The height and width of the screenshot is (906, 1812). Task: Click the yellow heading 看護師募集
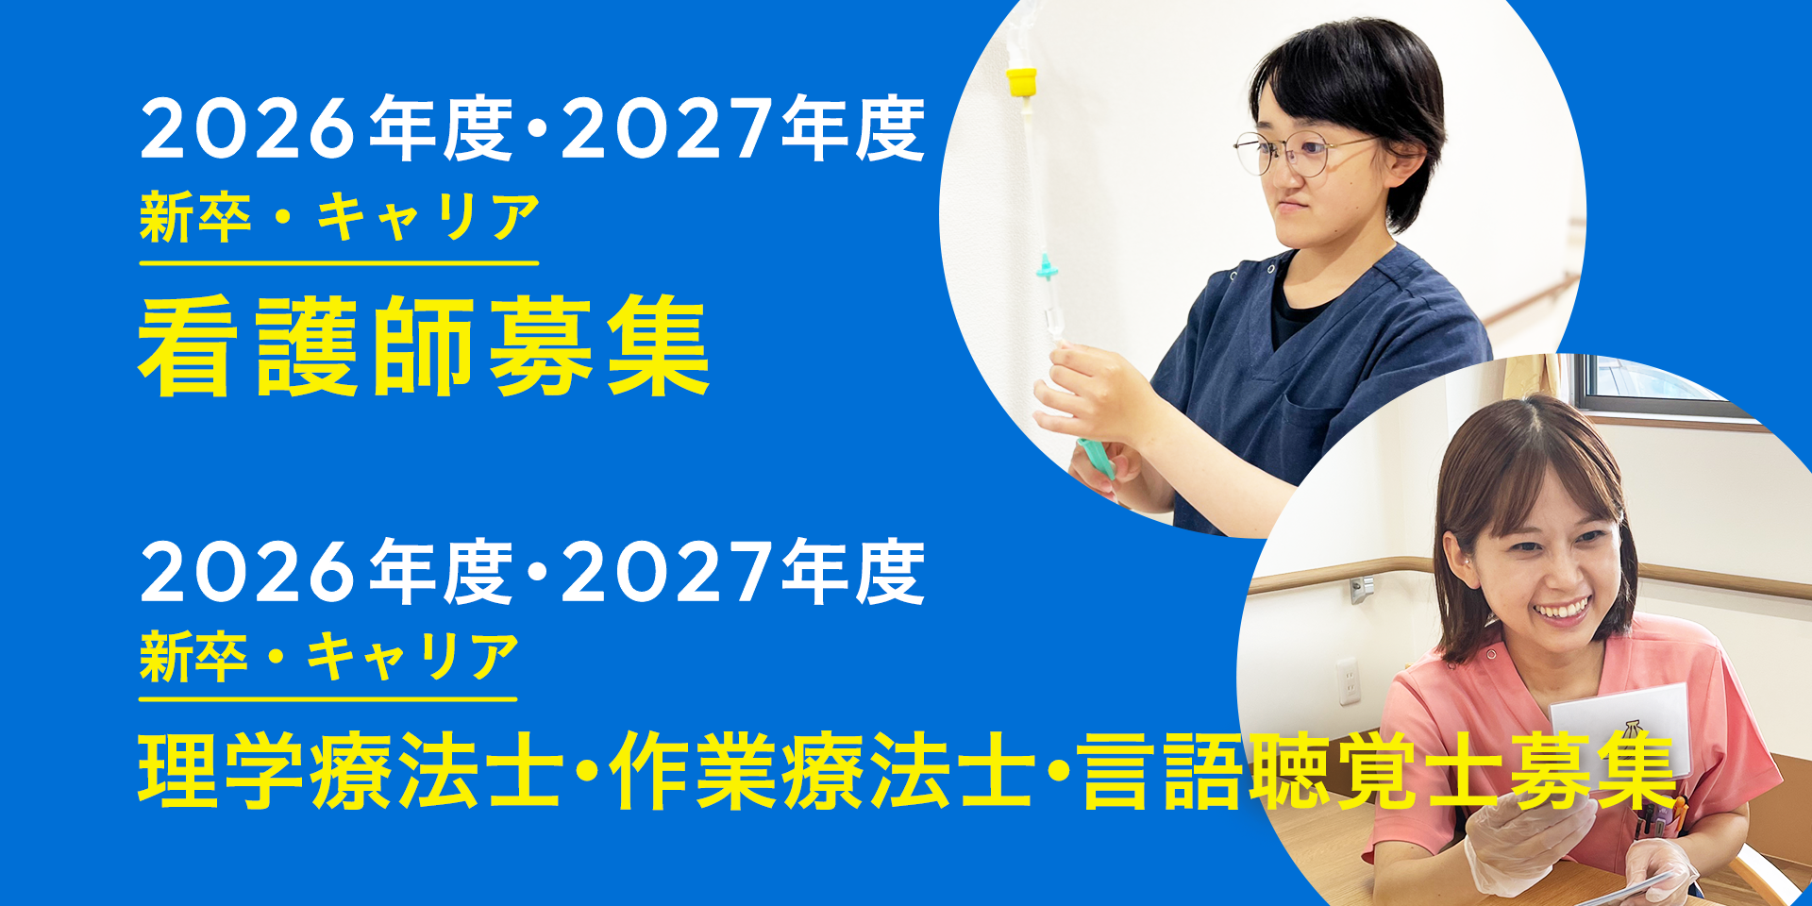(x=424, y=346)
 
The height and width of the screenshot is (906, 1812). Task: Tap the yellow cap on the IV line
(x=1021, y=82)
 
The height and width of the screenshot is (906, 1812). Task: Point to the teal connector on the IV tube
(x=1046, y=272)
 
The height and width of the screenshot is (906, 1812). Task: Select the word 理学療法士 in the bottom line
(x=350, y=771)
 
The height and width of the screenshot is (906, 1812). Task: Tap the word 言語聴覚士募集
(x=1379, y=771)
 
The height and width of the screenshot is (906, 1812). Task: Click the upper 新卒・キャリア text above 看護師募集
(x=340, y=217)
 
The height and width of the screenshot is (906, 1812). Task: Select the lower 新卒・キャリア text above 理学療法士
(x=329, y=657)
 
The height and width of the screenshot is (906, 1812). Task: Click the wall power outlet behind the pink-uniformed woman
(x=1349, y=680)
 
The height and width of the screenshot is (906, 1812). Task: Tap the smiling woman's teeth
(x=1562, y=611)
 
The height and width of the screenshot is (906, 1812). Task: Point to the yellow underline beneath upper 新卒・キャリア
(x=339, y=263)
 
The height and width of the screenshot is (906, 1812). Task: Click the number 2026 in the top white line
(x=248, y=129)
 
